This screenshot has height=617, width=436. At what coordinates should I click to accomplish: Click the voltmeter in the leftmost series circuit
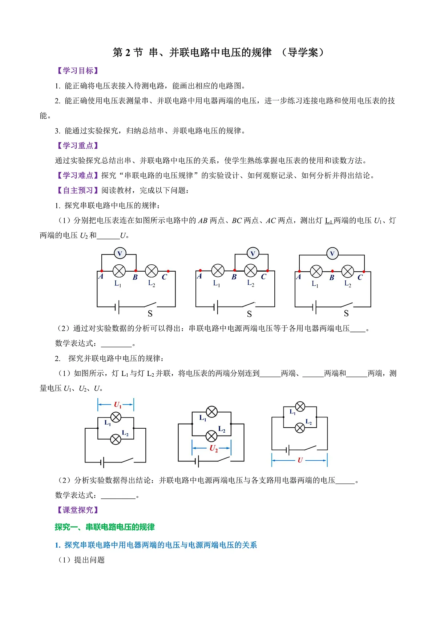(x=120, y=253)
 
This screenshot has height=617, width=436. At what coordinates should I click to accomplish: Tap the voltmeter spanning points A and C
(x=332, y=253)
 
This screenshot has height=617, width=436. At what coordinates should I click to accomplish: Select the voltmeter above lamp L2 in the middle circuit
(x=253, y=253)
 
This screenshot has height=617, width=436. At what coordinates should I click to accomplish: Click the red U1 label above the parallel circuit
(x=117, y=405)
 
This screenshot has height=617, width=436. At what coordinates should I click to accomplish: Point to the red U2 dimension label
(x=214, y=448)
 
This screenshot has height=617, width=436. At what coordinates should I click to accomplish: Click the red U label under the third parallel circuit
(x=300, y=460)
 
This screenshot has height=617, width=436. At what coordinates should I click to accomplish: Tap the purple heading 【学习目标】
(x=78, y=71)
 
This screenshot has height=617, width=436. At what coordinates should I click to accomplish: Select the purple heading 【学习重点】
(x=78, y=145)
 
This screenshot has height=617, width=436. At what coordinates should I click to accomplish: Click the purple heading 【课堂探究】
(x=78, y=510)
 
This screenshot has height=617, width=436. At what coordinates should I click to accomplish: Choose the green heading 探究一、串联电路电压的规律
(x=105, y=527)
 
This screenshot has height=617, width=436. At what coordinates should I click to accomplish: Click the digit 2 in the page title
(x=128, y=52)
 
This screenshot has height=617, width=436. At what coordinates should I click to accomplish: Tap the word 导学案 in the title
(x=303, y=52)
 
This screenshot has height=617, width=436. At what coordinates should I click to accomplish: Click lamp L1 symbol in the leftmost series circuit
(x=119, y=271)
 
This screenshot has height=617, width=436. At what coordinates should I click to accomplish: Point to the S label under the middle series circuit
(x=249, y=314)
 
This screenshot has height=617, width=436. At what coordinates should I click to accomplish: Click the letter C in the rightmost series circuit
(x=360, y=277)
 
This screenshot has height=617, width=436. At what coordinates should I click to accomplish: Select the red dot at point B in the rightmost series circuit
(x=332, y=271)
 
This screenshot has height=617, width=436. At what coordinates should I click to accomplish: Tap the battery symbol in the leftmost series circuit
(x=117, y=307)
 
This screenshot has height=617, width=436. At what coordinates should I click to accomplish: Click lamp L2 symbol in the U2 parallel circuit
(x=211, y=436)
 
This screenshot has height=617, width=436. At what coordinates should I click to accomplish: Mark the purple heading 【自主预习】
(x=78, y=190)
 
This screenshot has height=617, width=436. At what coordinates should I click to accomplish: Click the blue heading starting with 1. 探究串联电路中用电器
(x=156, y=545)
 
